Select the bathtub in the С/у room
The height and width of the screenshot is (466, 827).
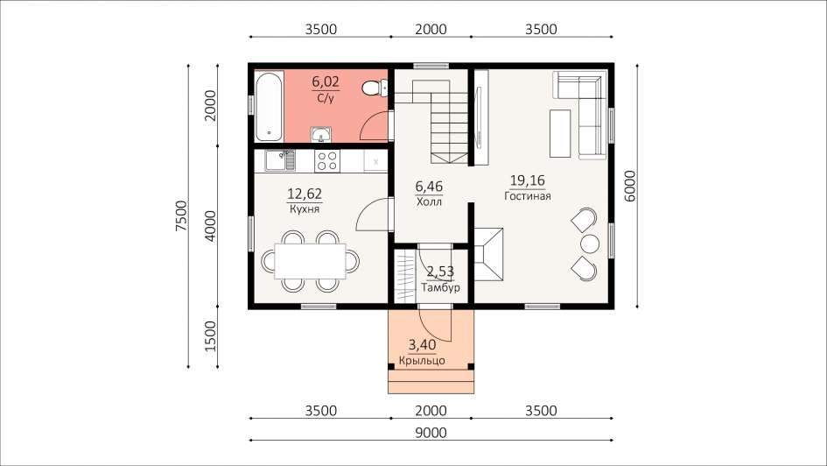click(x=269, y=106)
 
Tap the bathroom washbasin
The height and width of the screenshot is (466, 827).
click(x=320, y=135)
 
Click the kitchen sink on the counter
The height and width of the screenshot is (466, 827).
click(x=279, y=160)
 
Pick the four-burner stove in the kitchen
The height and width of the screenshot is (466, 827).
click(x=327, y=161)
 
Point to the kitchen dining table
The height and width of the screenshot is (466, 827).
click(x=310, y=261)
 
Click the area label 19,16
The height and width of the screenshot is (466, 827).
click(x=528, y=180)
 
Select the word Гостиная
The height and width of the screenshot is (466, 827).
click(x=528, y=196)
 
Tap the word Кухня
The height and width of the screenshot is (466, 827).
click(x=305, y=209)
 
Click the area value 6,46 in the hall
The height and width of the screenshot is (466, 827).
click(x=429, y=187)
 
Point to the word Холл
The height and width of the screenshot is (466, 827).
click(x=429, y=202)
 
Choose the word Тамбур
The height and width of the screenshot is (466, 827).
click(x=440, y=287)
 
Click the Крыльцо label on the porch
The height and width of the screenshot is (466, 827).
click(x=422, y=361)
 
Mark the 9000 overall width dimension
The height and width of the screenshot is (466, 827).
click(x=431, y=434)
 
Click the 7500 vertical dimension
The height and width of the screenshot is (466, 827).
click(x=181, y=215)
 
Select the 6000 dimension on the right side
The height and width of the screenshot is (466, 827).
click(x=629, y=186)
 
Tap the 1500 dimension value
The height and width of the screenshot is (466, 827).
click(x=210, y=336)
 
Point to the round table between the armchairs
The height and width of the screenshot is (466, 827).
click(x=590, y=244)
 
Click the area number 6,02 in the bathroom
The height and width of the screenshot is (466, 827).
click(x=326, y=81)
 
